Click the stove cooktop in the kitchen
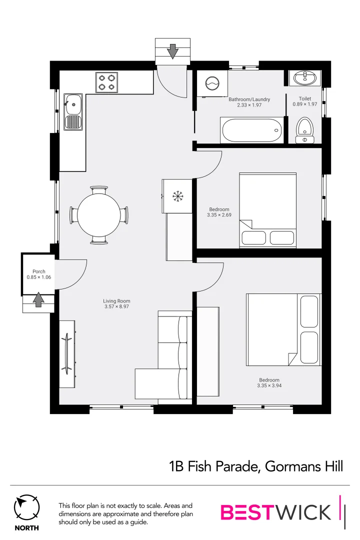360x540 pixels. click(x=107, y=82)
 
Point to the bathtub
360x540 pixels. click(x=251, y=131)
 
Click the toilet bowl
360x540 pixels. click(x=304, y=128)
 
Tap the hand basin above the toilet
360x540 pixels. click(x=305, y=78)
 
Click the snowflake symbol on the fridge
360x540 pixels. click(x=177, y=195)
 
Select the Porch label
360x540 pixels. click(x=39, y=271)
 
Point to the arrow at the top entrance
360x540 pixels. click(x=172, y=50)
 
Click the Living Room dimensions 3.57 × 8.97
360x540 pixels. click(x=116, y=306)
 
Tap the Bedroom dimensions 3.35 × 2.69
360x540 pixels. click(x=219, y=215)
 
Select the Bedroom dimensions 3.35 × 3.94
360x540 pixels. click(x=269, y=385)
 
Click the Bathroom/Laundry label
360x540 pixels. click(x=249, y=99)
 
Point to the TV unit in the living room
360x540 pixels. click(x=67, y=353)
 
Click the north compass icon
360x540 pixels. click(x=26, y=508)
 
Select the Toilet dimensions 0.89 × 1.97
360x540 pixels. click(x=305, y=104)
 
